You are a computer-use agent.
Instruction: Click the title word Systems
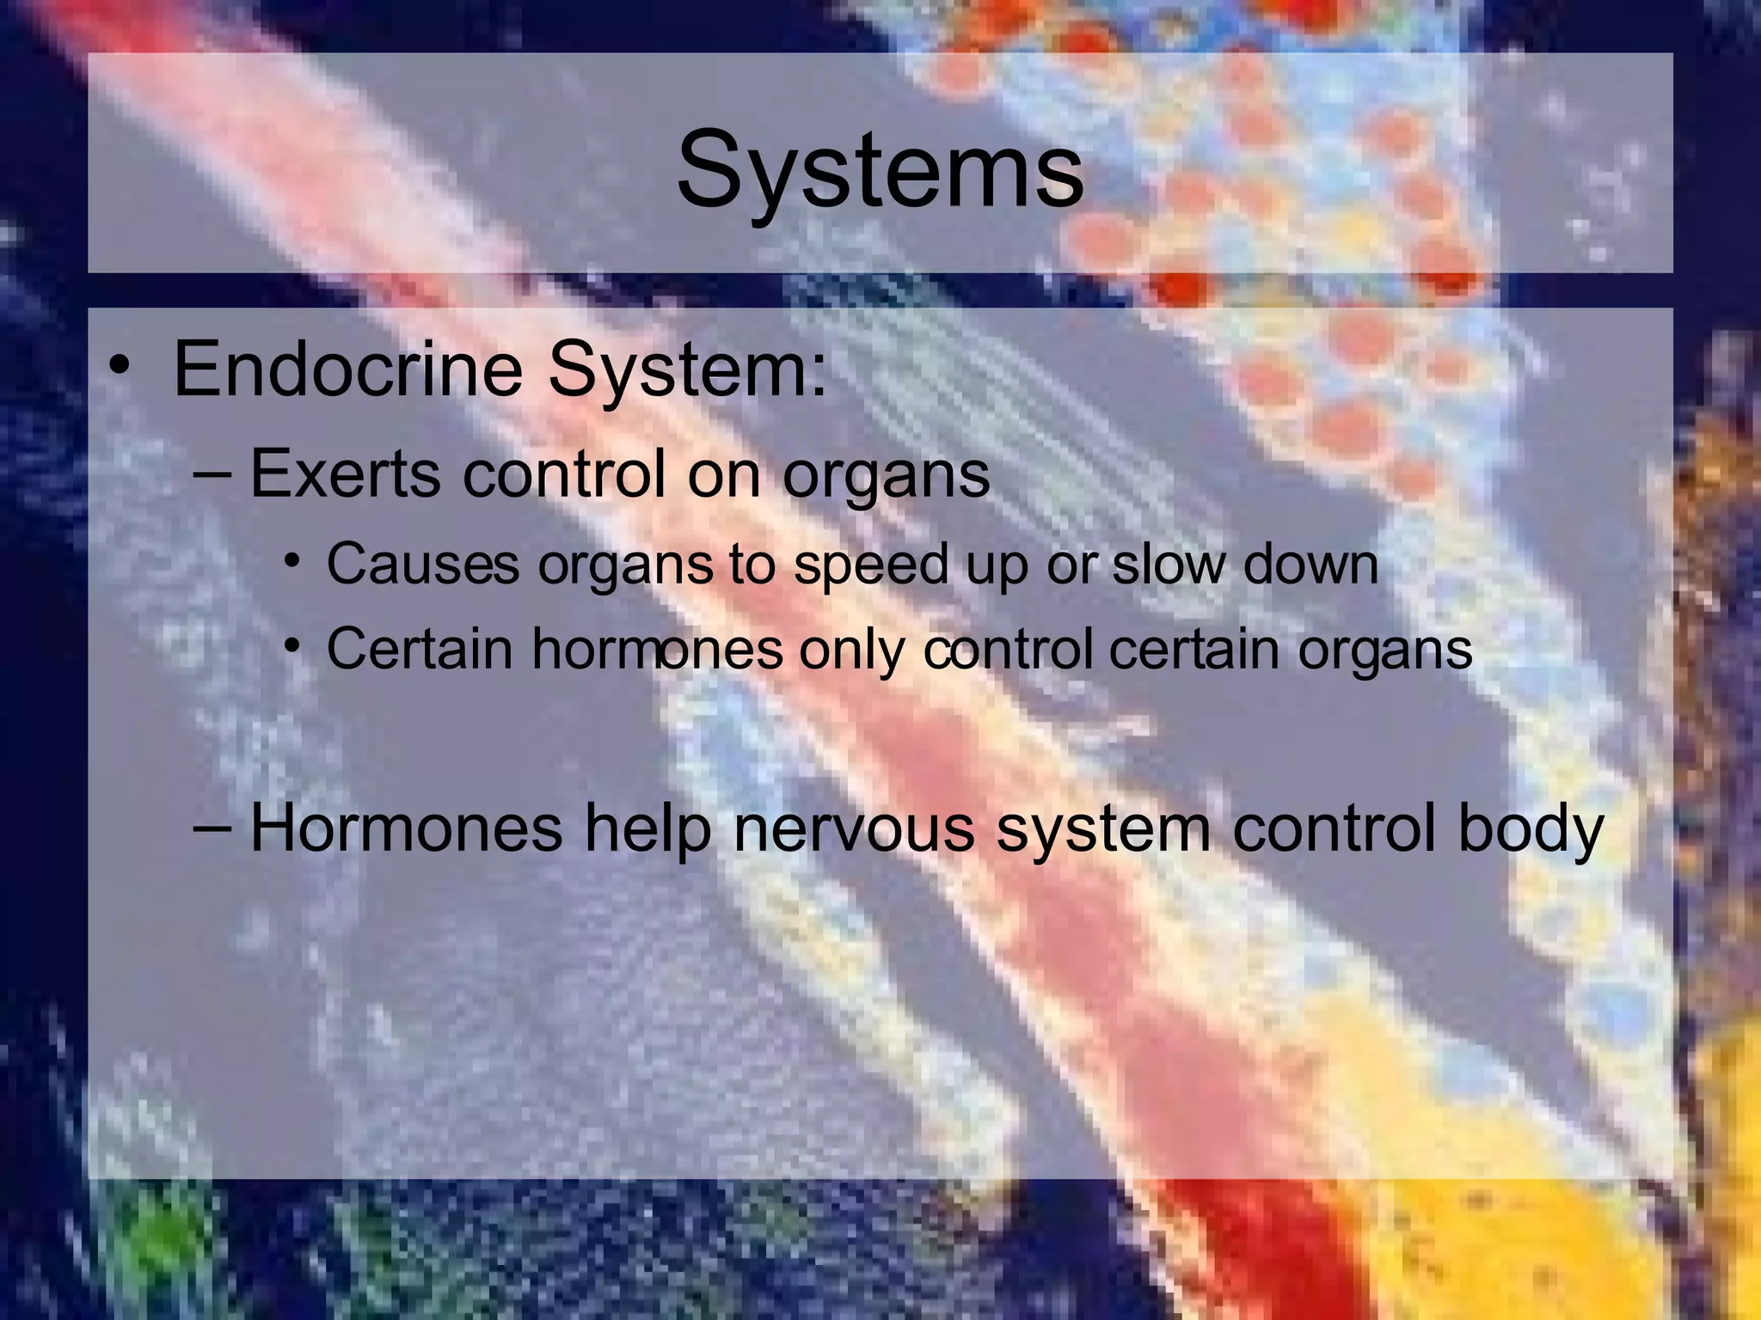pos(880,170)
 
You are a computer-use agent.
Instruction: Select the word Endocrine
pos(348,370)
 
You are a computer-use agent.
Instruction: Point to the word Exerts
pos(344,474)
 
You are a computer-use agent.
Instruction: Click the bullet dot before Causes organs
pos(293,561)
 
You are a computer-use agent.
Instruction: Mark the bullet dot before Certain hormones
pos(293,645)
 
